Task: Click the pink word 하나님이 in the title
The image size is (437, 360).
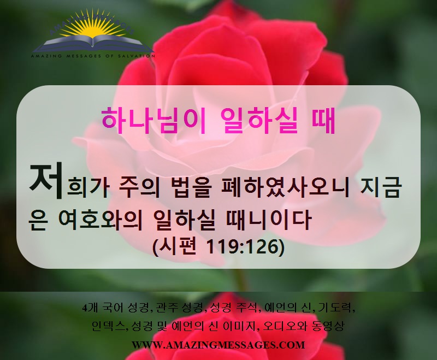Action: coord(153,121)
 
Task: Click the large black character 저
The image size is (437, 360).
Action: coord(46,181)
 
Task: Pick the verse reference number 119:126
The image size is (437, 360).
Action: coord(243,246)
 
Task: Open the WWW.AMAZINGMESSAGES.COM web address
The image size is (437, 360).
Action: coord(218,345)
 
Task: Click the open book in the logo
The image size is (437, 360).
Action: coord(93,44)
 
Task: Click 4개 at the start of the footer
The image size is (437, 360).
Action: coord(90,308)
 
